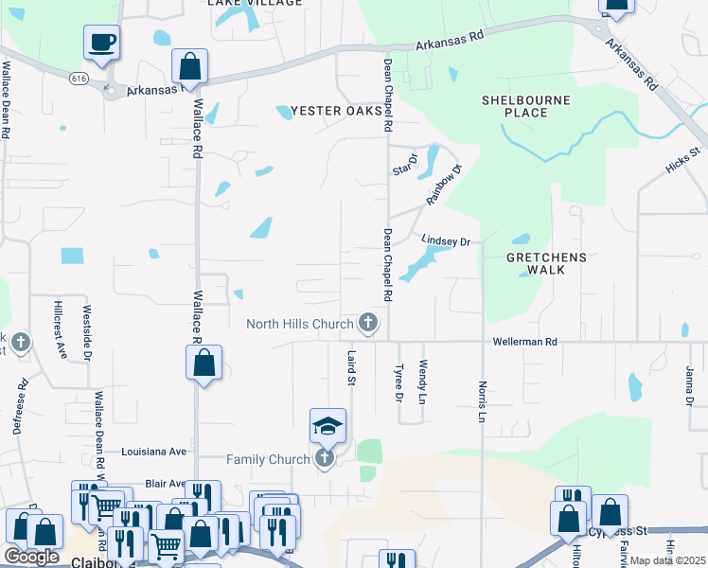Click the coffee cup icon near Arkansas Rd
[101, 43]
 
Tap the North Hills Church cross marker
[368, 324]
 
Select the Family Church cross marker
[325, 459]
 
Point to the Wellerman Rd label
[523, 341]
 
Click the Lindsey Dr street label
[446, 242]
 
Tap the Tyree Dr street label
[398, 382]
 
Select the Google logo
[31, 556]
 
